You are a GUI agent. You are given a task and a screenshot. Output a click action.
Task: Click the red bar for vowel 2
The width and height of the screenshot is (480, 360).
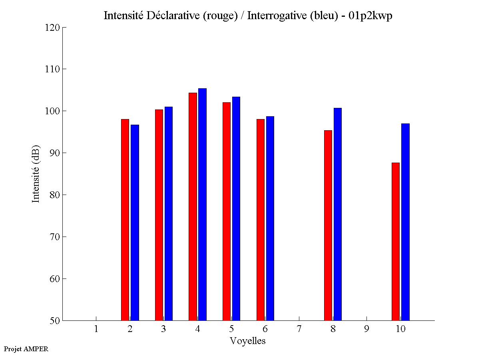[x=125, y=220]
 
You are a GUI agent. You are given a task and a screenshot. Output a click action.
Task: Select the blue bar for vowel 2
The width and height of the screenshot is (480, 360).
[x=135, y=223]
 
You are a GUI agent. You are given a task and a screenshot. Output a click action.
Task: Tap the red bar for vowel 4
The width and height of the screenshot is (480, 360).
[x=193, y=207]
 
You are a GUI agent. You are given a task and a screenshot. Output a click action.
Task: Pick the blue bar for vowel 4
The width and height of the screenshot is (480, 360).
[x=202, y=205]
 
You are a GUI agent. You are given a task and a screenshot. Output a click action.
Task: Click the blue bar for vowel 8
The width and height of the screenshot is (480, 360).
[x=338, y=214]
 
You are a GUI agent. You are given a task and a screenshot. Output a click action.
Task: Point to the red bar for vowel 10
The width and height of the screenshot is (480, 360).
[x=396, y=241]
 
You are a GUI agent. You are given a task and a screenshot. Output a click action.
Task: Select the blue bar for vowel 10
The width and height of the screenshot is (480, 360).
[x=405, y=222]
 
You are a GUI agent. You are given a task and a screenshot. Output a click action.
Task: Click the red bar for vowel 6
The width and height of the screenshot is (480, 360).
[x=261, y=220]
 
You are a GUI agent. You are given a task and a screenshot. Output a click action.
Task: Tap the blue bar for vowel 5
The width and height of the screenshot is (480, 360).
[x=236, y=209]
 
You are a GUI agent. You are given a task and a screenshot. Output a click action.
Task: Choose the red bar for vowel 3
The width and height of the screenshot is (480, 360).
[x=159, y=215]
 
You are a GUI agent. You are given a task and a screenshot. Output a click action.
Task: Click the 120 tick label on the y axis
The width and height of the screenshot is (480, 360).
[x=53, y=28]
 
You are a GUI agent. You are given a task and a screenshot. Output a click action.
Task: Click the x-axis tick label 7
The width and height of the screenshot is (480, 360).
[x=299, y=329]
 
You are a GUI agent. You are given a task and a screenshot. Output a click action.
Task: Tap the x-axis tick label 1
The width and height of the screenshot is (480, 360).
[x=96, y=329]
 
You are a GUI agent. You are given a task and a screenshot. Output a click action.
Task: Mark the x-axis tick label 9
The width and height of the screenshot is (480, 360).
[x=366, y=329]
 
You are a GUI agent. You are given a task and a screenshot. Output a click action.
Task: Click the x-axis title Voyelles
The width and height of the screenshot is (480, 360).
[x=248, y=341]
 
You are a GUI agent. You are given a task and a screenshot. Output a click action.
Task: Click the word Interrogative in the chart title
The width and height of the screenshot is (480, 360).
[x=274, y=16]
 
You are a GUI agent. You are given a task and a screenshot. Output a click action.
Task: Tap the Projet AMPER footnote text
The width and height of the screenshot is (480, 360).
[x=26, y=349]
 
